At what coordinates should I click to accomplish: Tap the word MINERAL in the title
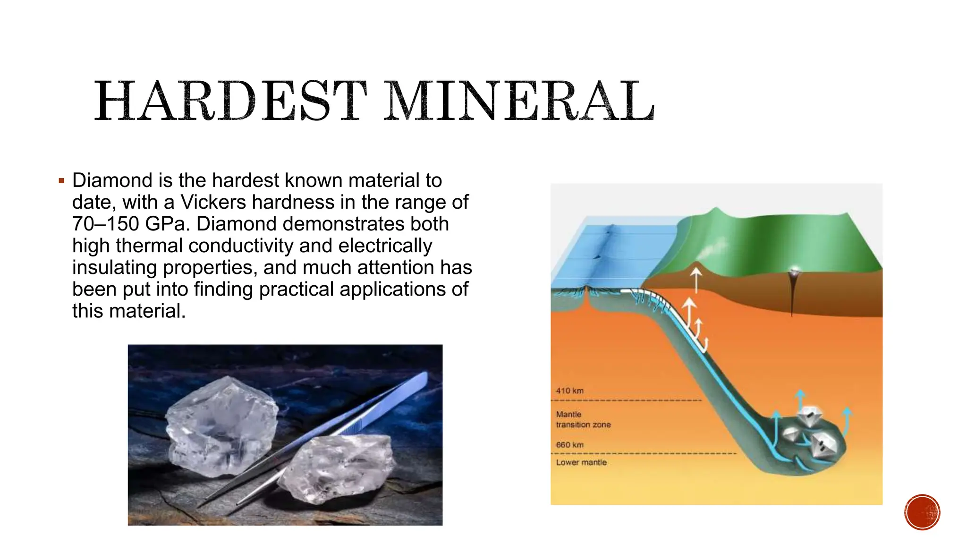click(x=518, y=101)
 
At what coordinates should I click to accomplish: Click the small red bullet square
click(x=61, y=180)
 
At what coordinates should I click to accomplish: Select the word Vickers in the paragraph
click(x=213, y=202)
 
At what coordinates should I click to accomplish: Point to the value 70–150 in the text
click(x=106, y=224)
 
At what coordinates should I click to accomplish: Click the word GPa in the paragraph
click(x=165, y=224)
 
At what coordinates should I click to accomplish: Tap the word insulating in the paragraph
click(x=115, y=267)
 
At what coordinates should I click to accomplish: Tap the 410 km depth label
click(x=569, y=391)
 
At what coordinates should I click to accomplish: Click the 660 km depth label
click(x=569, y=445)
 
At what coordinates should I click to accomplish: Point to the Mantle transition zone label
click(x=583, y=419)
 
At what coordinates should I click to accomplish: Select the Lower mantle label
click(x=581, y=462)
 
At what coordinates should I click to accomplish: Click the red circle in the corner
click(x=922, y=512)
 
